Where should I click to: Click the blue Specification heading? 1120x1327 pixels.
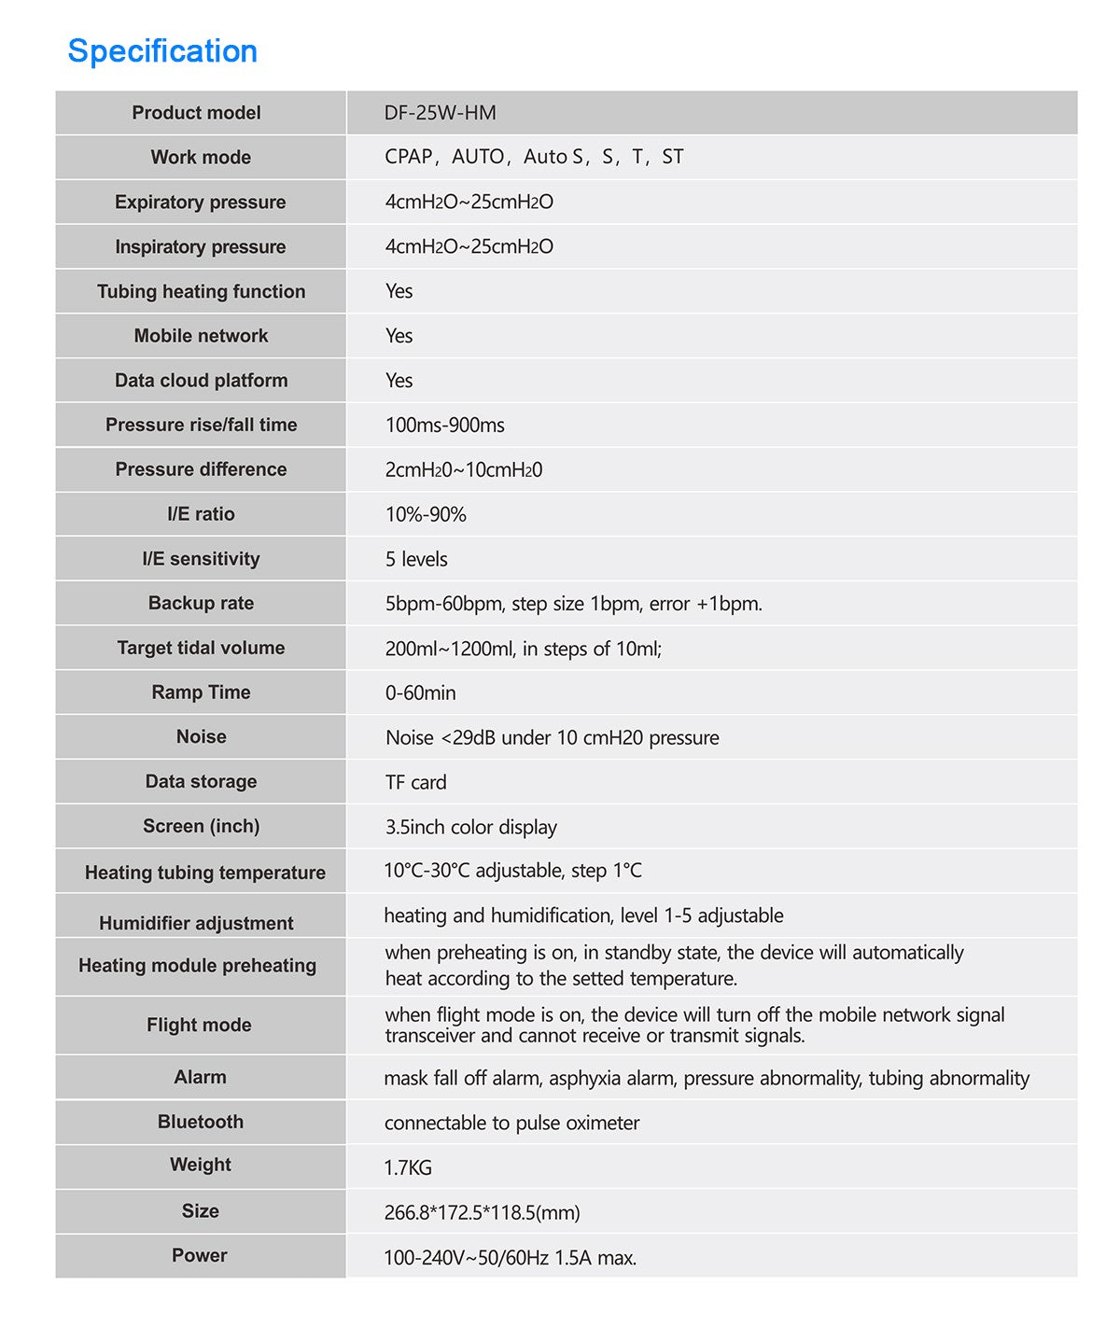162,51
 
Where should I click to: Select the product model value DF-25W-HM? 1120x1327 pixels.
440,113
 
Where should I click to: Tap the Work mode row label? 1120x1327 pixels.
201,158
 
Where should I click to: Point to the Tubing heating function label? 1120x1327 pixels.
201,292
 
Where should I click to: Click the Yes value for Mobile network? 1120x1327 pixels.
399,336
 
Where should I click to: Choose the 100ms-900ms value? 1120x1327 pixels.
444,426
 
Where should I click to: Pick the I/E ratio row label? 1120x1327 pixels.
201,514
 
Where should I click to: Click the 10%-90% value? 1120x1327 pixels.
426,514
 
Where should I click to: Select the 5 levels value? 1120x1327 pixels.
416,559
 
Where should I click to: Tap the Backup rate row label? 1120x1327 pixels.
201,604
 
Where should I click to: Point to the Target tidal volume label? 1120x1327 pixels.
201,649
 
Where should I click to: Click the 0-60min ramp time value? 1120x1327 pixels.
420,693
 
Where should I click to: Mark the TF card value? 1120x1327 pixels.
415,782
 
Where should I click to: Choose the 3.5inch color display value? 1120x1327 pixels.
470,827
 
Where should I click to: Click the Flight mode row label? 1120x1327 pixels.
199,1026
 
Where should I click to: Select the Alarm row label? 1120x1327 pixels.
200,1078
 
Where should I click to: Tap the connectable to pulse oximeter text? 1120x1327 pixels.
511,1123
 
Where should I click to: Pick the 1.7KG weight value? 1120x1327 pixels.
408,1167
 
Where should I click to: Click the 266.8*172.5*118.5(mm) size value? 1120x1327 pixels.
482,1212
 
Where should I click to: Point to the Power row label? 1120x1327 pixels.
200,1256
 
